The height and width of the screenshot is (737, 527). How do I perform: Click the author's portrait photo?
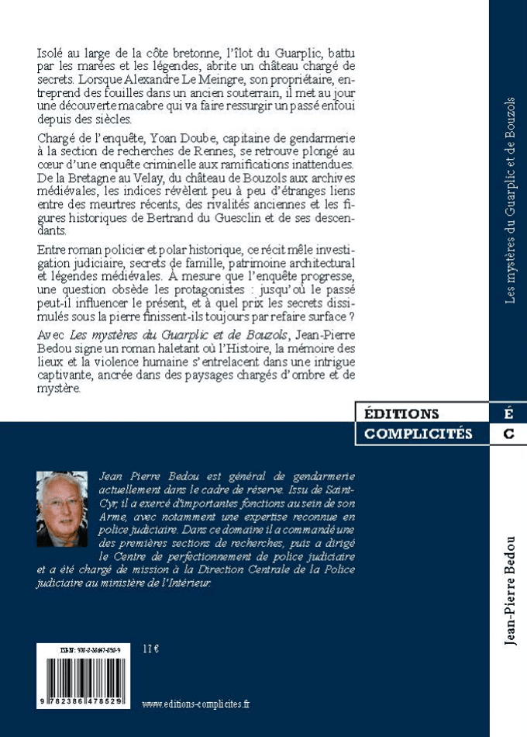coord(61,509)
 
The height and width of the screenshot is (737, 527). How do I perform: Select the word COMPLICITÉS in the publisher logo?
coord(418,434)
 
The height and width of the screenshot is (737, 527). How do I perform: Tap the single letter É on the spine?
coord(508,414)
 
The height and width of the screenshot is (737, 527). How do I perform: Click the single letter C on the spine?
coord(508,434)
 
